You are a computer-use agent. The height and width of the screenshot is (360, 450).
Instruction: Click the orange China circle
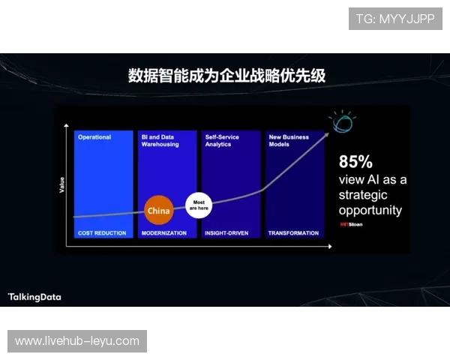159,211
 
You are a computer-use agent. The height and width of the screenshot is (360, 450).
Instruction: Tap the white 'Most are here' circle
199,205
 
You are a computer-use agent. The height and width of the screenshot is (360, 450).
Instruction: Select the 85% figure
355,161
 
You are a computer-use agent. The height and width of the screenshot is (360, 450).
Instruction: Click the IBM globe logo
343,123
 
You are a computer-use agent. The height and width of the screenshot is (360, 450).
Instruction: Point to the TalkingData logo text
34,297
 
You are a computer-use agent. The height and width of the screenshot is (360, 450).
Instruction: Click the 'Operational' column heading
94,137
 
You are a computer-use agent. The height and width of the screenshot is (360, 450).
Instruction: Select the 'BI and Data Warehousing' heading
160,140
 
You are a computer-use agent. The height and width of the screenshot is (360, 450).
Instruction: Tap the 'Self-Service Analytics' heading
223,140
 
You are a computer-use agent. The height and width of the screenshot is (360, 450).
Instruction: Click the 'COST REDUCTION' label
102,233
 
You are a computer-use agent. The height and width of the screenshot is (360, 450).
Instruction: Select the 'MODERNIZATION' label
163,233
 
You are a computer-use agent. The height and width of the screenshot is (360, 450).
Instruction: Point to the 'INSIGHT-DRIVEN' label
228,233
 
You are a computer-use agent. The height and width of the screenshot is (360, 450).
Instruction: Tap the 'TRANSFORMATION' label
293,233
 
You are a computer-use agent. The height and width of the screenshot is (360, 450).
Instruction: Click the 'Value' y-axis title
61,185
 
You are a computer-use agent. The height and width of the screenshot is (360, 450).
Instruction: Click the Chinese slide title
226,76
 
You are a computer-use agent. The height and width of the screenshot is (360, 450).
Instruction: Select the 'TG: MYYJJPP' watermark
395,19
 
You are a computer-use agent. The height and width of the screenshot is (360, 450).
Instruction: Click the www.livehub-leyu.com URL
77,341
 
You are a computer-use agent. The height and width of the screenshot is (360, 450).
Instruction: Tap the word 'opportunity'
370,210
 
